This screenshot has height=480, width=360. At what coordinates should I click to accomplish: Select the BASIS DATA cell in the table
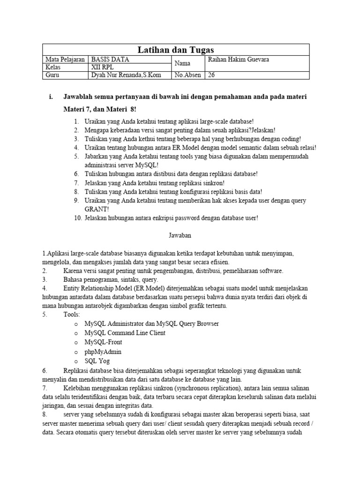pyautogui.click(x=110, y=60)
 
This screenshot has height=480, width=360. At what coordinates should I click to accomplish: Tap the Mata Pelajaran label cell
pyautogui.click(x=65, y=60)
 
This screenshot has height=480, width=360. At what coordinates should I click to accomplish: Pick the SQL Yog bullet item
pyautogui.click(x=97, y=361)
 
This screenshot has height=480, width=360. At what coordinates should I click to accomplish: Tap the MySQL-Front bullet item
pyautogui.click(x=103, y=342)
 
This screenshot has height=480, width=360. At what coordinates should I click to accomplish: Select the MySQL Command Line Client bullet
pyautogui.click(x=125, y=333)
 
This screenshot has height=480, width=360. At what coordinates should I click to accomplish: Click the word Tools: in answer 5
pyautogui.click(x=72, y=315)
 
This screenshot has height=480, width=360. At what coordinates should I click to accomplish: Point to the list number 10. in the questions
pyautogui.click(x=77, y=218)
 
